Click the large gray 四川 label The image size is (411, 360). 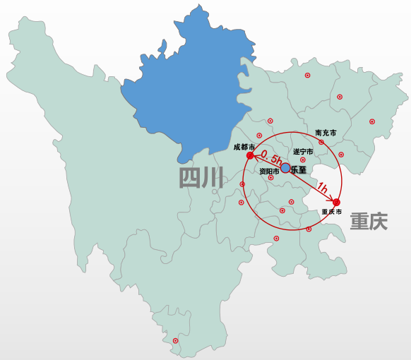201,178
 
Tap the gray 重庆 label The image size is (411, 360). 369,222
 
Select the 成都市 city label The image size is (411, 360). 244,147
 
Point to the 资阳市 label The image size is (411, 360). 268,171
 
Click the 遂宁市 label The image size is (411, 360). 303,151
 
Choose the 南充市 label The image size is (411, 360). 326,133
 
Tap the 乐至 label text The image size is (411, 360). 298,169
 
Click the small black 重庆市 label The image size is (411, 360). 331,212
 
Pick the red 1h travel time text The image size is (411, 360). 322,188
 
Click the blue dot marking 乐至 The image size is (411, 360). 285,168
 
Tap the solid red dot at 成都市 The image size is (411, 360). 250,155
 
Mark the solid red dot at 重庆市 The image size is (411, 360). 336,203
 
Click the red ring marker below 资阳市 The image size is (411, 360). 271,177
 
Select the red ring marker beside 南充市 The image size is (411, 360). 321,142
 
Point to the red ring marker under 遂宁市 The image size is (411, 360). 303,160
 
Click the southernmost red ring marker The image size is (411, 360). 175,341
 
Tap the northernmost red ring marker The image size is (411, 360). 307,76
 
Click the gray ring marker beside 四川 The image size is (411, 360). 215,191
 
